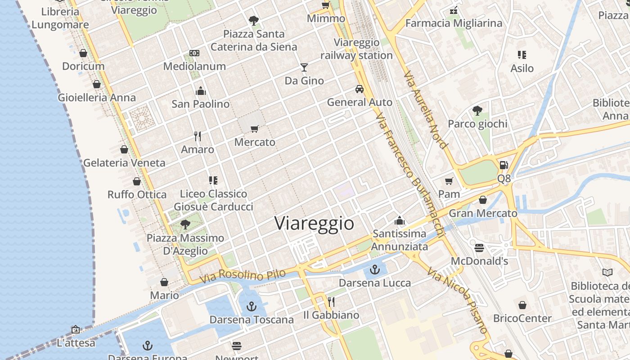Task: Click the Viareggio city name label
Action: point(314,223)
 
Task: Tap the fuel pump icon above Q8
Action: point(504,165)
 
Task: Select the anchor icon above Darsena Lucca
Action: point(374,270)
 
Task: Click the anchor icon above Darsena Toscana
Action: point(251,306)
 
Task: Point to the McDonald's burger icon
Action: point(479,247)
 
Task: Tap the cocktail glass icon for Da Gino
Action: point(304,67)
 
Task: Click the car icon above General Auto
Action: point(360,89)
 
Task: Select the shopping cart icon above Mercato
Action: point(255,129)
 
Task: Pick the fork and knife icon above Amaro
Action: point(197,136)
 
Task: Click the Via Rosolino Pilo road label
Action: point(243,276)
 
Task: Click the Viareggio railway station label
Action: point(357,49)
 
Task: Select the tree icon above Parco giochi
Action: point(477,111)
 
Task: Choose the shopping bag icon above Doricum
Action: point(83,53)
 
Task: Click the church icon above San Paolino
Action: point(201,91)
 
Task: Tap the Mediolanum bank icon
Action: point(194,53)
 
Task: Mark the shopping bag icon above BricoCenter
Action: point(522,305)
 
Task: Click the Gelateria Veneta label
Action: point(124,162)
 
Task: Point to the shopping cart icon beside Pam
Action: point(449,181)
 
